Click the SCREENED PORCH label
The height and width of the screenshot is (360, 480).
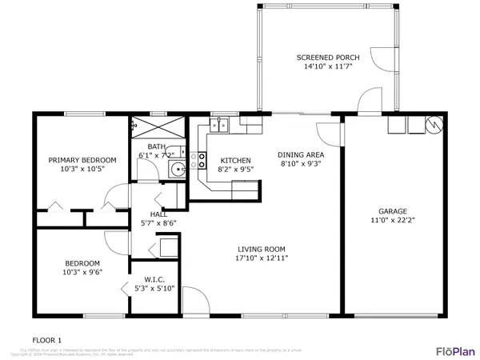(327, 58)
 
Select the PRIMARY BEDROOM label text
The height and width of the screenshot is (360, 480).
(82, 160)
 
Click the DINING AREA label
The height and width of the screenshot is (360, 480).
(301, 154)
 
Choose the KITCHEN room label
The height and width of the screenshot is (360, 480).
(234, 160)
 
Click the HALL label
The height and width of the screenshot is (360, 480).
(158, 214)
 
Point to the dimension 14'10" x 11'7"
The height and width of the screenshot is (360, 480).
(327, 67)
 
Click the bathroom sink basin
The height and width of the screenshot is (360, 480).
(180, 167)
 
